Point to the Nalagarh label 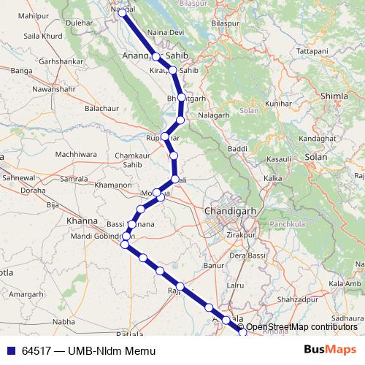(x=213, y=115)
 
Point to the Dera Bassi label (x=247, y=256)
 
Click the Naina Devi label (x=164, y=34)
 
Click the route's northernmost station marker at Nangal (x=123, y=12)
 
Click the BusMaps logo (x=331, y=350)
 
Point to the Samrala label (x=74, y=179)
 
